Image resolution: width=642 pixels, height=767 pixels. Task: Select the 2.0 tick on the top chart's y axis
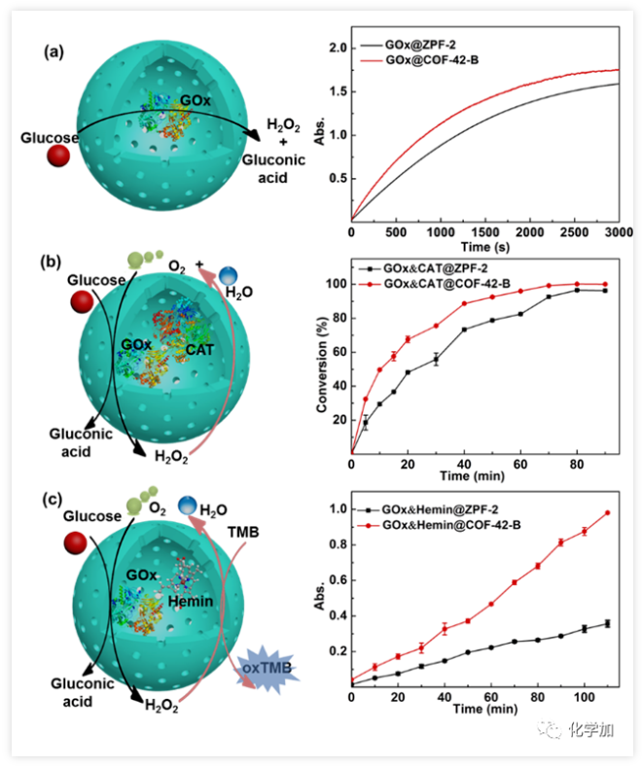337,48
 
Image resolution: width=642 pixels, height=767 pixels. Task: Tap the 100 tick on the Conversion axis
336,284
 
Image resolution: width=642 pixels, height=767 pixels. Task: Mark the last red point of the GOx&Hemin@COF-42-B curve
607,512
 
